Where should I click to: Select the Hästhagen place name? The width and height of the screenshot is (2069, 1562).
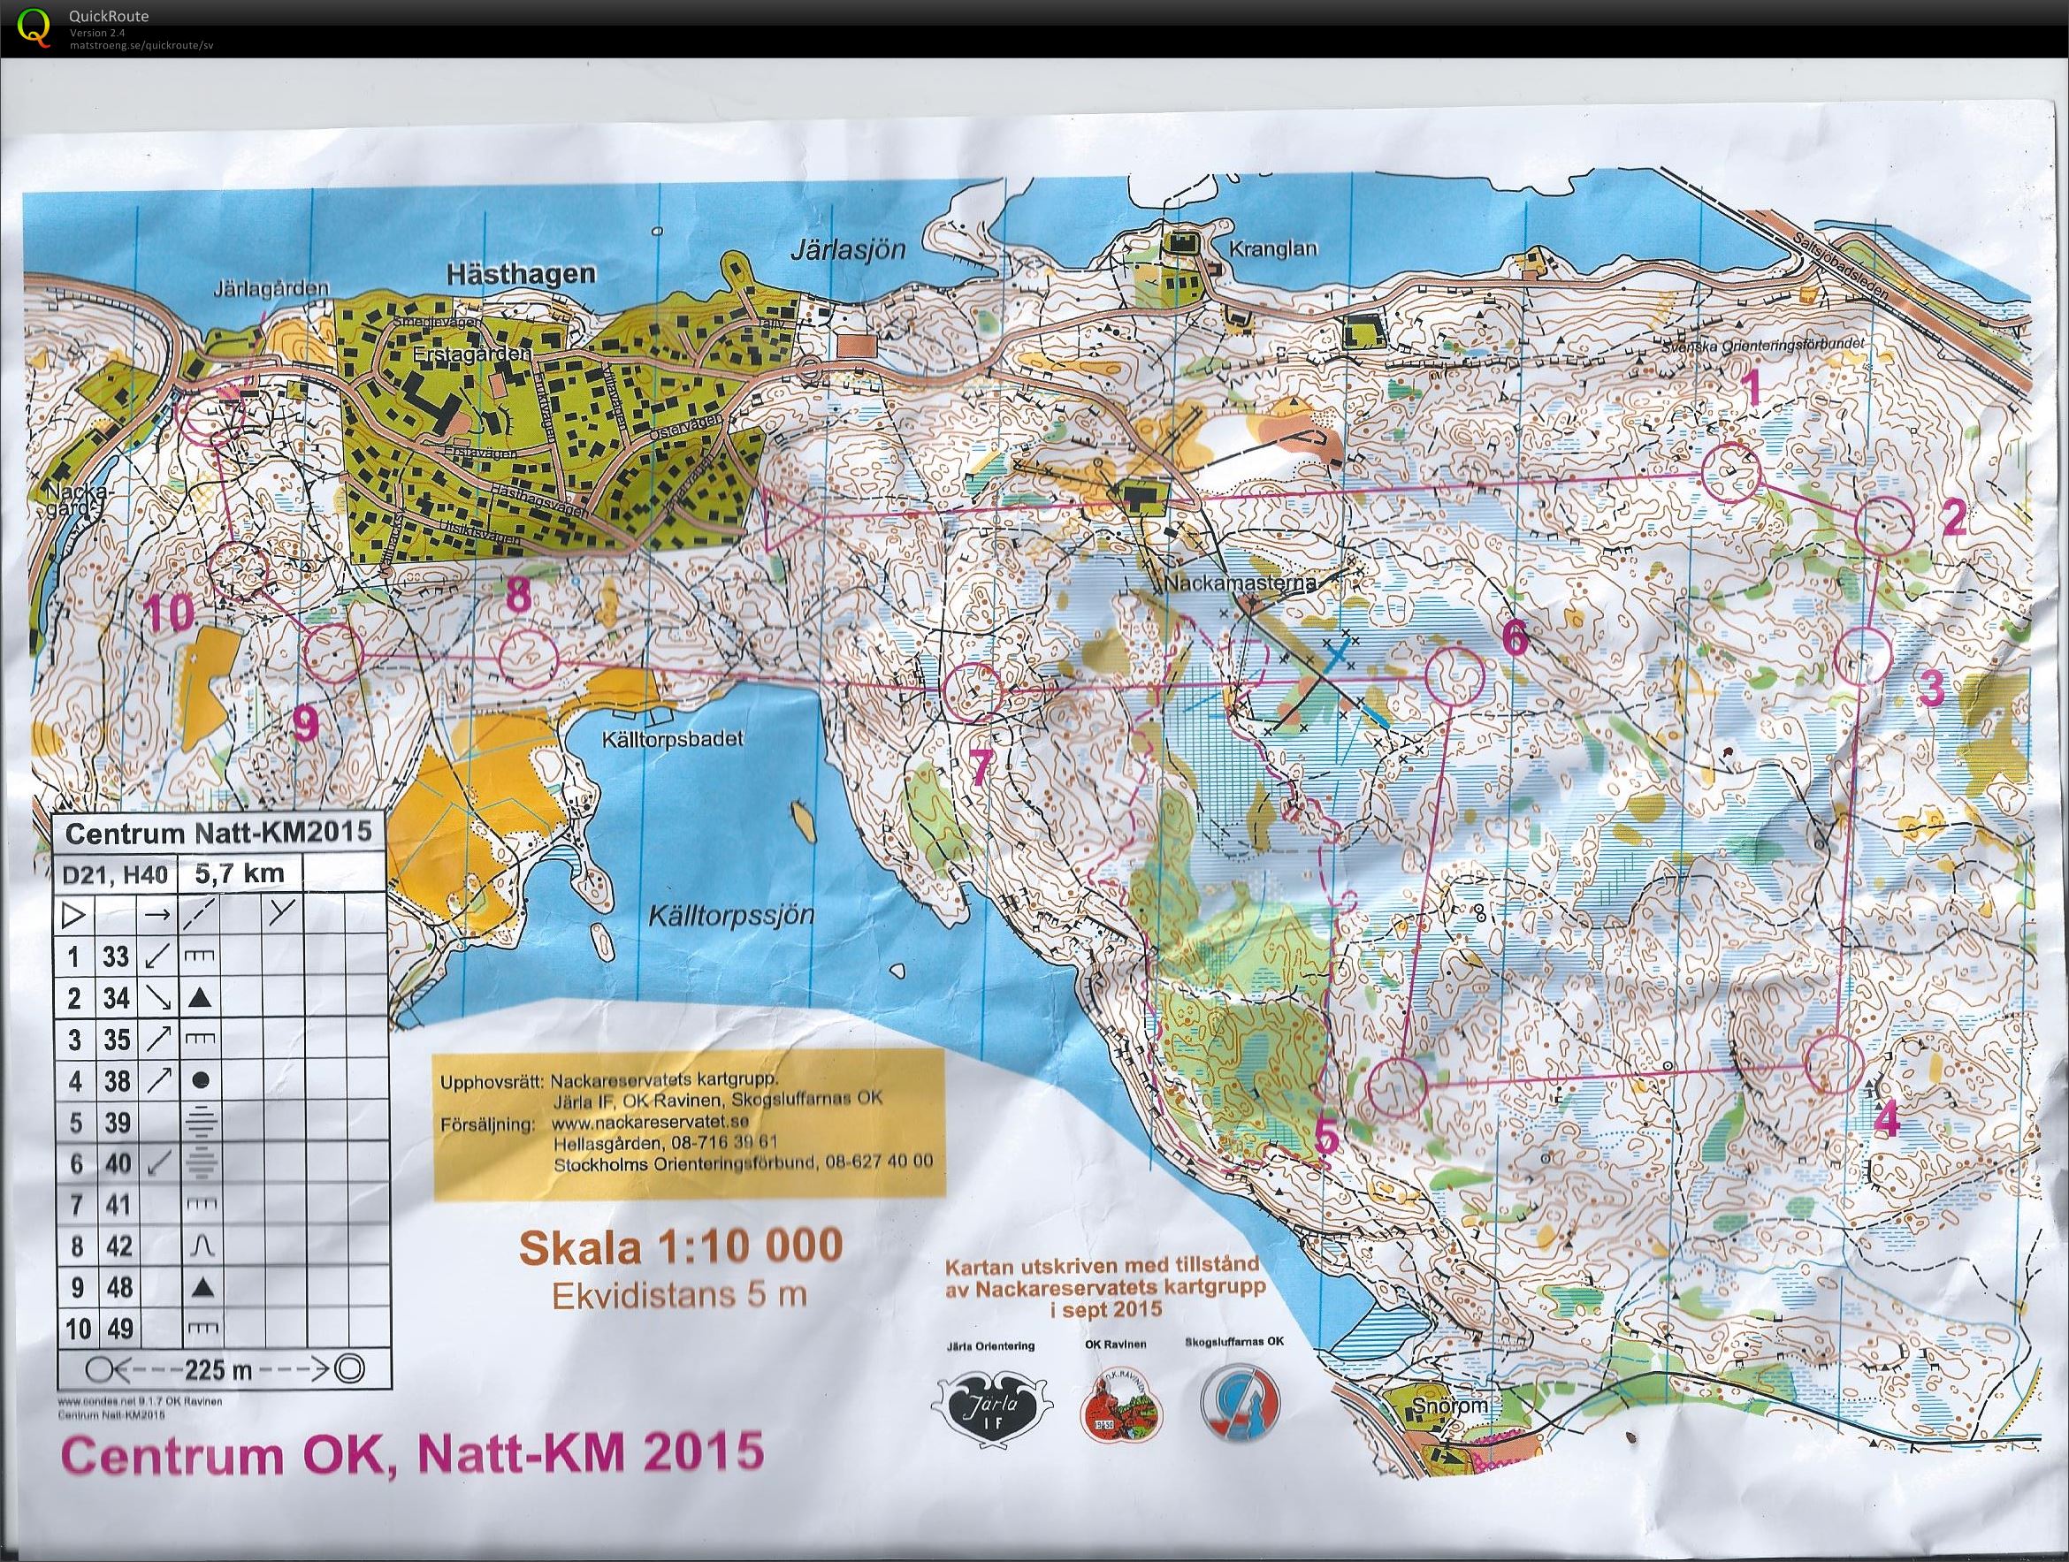521,273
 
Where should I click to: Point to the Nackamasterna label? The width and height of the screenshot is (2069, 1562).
1241,583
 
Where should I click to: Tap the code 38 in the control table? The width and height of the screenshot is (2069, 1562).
116,1081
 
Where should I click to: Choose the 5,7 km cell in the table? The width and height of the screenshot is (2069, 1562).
237,874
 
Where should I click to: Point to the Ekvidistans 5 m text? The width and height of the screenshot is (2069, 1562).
679,1295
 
